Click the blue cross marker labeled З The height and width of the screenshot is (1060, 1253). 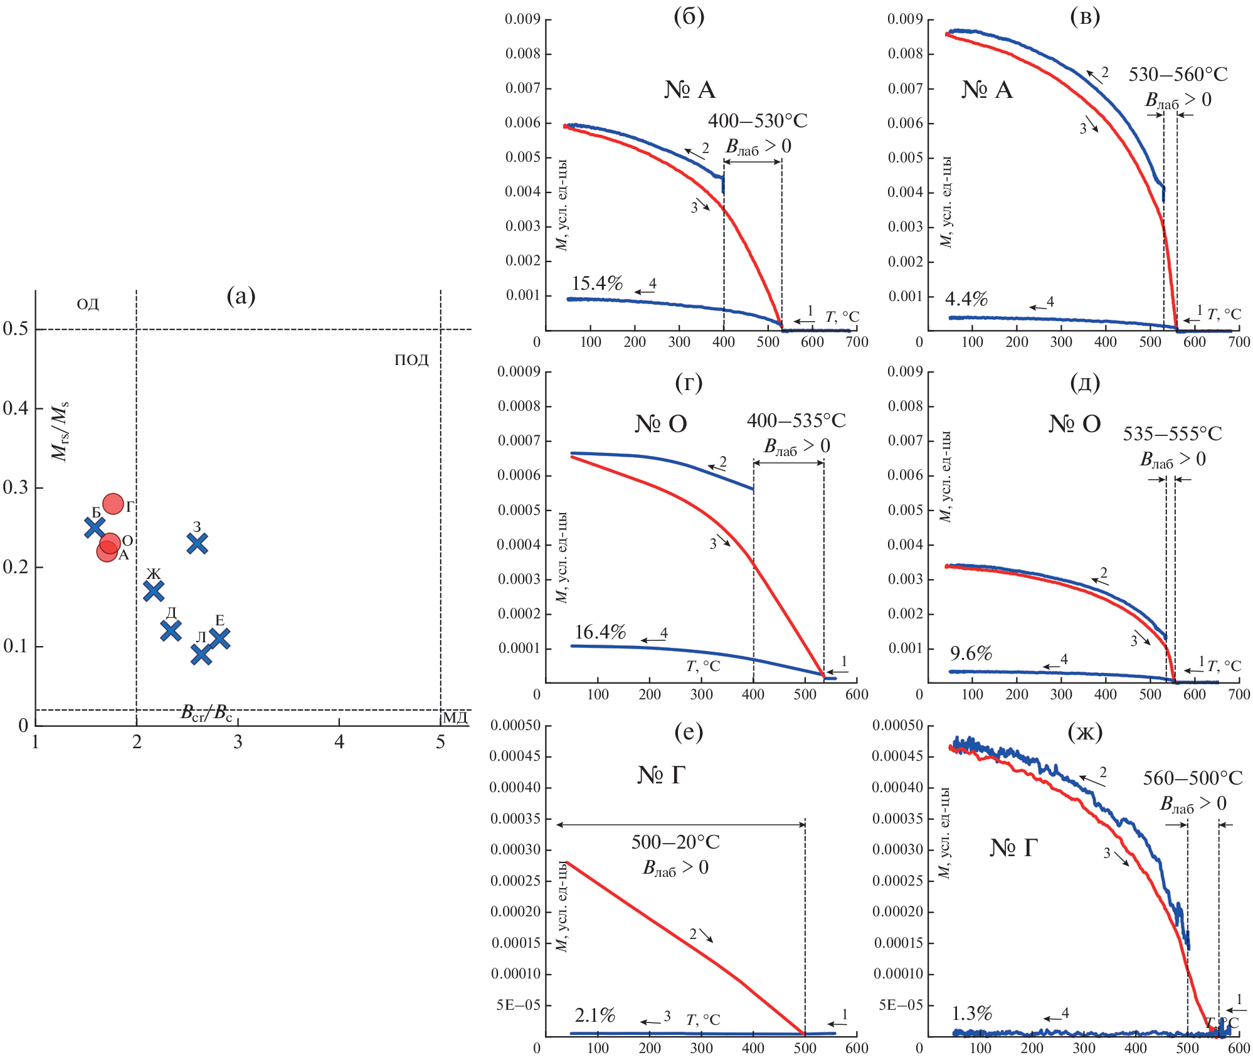198,543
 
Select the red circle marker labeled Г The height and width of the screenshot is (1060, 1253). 113,504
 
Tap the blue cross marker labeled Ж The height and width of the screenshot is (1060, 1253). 154,590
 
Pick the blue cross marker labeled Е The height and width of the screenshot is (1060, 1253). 219,639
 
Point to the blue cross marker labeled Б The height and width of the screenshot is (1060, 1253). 95,527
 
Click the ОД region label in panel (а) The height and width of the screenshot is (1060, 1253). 88,305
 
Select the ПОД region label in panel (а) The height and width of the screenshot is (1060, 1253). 411,360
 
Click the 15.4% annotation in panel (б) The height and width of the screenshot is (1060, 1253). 596,284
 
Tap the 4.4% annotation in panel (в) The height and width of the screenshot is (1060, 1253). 966,299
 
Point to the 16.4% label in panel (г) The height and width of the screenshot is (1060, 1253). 600,632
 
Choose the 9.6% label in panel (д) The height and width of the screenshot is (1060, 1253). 971,654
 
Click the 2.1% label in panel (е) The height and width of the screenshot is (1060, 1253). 595,1015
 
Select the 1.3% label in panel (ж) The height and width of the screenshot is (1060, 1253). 971,1013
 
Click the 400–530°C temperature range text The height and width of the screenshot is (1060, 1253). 758,120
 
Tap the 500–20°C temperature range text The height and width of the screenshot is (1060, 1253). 675,842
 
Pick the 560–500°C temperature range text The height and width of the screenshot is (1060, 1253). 1192,778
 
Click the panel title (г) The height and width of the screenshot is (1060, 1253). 689,382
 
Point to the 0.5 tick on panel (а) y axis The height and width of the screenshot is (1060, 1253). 16,329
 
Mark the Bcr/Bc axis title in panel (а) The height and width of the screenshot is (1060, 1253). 206,713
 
